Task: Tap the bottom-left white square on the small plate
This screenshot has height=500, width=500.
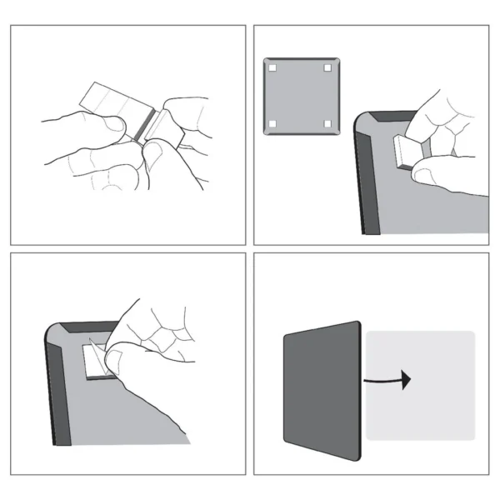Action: (272, 124)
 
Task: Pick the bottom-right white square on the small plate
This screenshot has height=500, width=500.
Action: (327, 124)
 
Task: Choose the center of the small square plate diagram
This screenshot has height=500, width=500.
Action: (299, 96)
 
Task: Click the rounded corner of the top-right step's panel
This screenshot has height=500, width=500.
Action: (361, 121)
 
